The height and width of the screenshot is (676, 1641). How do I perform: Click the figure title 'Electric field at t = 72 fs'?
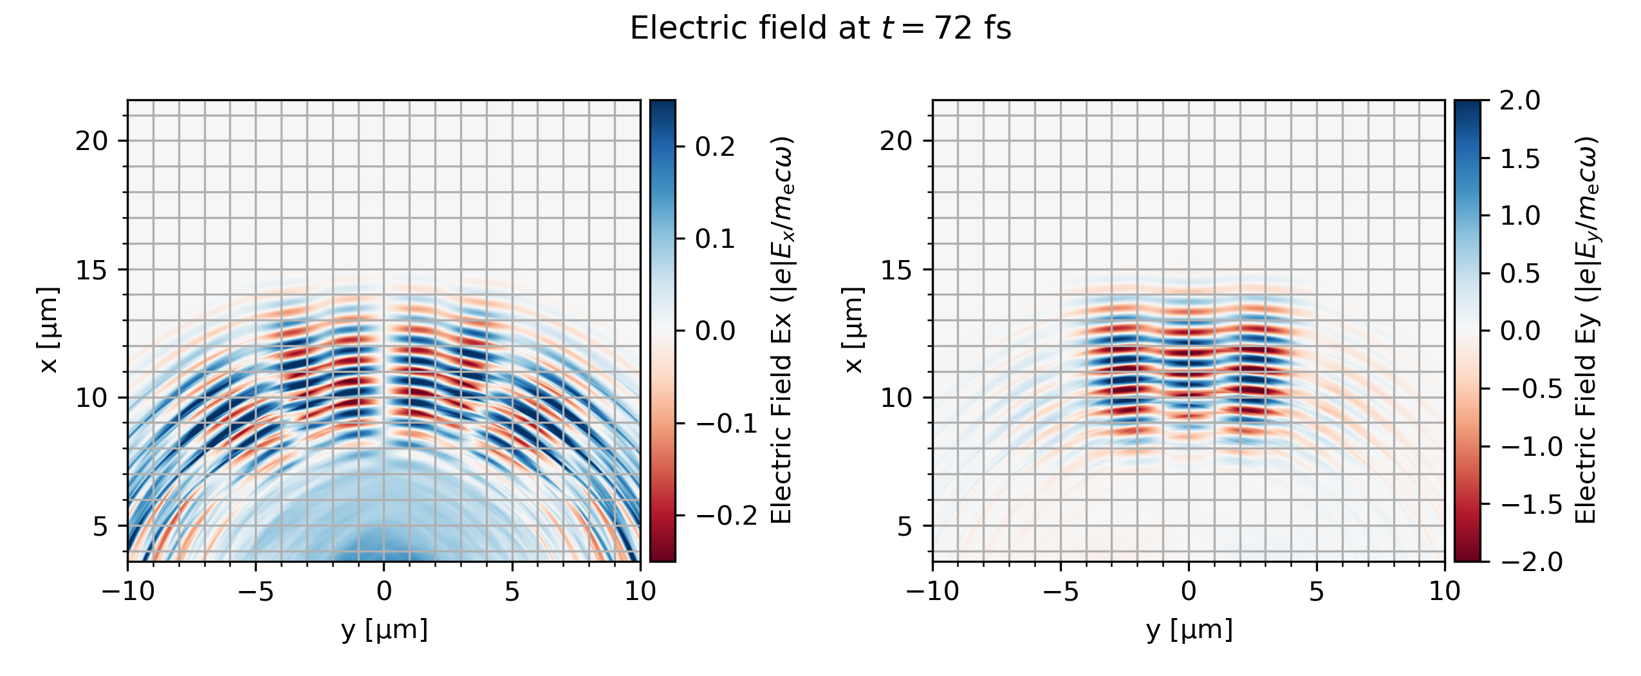(x=820, y=28)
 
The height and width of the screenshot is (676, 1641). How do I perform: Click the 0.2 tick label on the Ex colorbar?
(x=715, y=147)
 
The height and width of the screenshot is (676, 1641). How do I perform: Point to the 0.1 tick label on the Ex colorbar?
(x=715, y=239)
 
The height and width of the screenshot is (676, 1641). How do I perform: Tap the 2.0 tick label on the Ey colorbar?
(x=1519, y=100)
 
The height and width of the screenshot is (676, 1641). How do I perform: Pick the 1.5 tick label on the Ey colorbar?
(x=1519, y=158)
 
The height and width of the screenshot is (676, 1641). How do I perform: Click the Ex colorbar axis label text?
(x=782, y=330)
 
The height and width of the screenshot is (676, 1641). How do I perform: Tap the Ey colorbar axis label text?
(x=1587, y=330)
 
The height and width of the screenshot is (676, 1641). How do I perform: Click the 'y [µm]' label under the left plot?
(x=384, y=630)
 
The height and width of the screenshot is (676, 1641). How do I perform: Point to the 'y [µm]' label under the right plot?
(x=1189, y=630)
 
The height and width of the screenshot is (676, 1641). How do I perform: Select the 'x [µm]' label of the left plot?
(x=49, y=330)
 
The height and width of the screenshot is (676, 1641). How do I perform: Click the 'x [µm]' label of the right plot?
(x=853, y=330)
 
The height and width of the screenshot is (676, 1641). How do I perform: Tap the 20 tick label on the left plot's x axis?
(x=92, y=141)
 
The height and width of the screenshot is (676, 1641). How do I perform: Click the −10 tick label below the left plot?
(x=128, y=591)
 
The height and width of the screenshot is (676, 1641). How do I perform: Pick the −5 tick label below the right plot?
(x=1061, y=591)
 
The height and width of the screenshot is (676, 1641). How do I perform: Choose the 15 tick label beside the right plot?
(x=896, y=270)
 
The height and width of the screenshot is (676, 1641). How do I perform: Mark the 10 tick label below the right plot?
(x=1445, y=591)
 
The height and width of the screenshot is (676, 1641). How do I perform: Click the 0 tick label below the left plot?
(x=384, y=591)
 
